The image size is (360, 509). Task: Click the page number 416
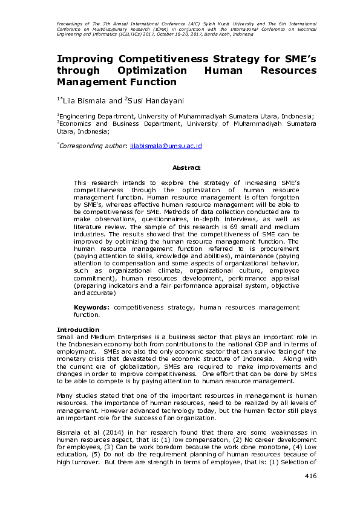tap(310, 476)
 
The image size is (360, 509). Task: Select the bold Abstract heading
tap(186, 167)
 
